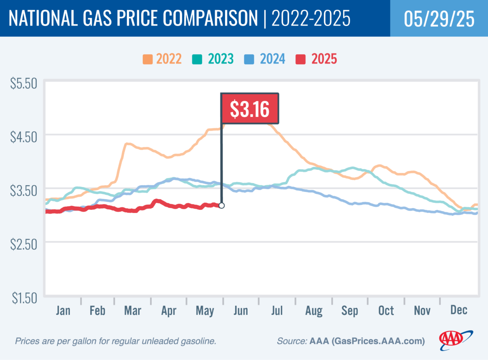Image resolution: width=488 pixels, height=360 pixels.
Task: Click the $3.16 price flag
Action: point(250,109)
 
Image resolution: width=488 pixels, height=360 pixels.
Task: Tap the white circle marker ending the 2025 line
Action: point(221,206)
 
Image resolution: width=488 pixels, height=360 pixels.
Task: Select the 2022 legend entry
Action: point(162,59)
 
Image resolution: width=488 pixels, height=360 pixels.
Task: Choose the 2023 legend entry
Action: point(213,59)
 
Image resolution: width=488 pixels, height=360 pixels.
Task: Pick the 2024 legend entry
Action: point(265,59)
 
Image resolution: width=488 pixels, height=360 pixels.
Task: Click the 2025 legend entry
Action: point(316,59)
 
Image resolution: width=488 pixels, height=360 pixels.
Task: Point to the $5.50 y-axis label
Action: point(24,84)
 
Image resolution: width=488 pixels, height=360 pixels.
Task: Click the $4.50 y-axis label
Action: point(24,137)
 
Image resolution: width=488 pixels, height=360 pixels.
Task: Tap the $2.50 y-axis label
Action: point(24,244)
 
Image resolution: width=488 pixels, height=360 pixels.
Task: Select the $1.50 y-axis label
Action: point(24,298)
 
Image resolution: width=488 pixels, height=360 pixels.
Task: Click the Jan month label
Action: point(63,310)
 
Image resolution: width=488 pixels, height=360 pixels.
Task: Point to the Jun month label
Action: point(241,310)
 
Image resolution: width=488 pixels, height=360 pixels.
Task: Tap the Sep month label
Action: point(349,311)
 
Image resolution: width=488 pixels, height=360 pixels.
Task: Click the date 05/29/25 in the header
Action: point(439,18)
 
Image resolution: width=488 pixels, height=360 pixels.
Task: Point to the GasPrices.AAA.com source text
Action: point(378,341)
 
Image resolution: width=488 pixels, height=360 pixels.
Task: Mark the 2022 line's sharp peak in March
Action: point(127,143)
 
